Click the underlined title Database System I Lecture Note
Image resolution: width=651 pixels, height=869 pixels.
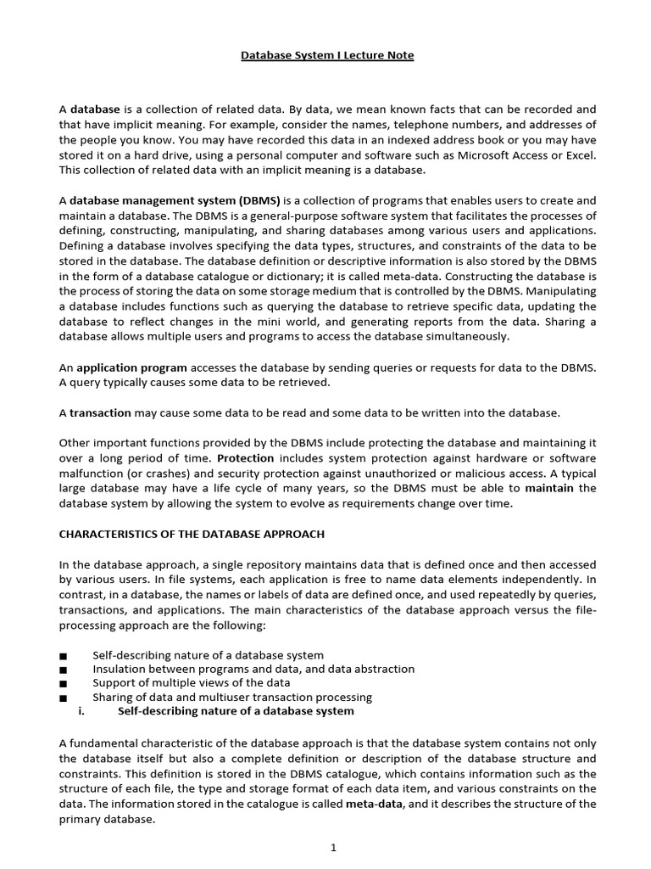click(327, 56)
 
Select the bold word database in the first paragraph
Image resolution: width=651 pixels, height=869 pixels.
click(95, 109)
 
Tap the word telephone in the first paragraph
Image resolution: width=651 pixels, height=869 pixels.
click(373, 125)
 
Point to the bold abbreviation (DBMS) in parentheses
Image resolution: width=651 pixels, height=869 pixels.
click(259, 201)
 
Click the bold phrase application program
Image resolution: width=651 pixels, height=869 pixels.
click(131, 368)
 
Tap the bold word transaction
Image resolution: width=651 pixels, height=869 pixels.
click(100, 413)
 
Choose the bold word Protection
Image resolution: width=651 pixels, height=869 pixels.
click(245, 458)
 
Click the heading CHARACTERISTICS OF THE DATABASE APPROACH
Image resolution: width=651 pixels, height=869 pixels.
click(192, 534)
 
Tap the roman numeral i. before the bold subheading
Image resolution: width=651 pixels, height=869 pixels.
click(81, 711)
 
